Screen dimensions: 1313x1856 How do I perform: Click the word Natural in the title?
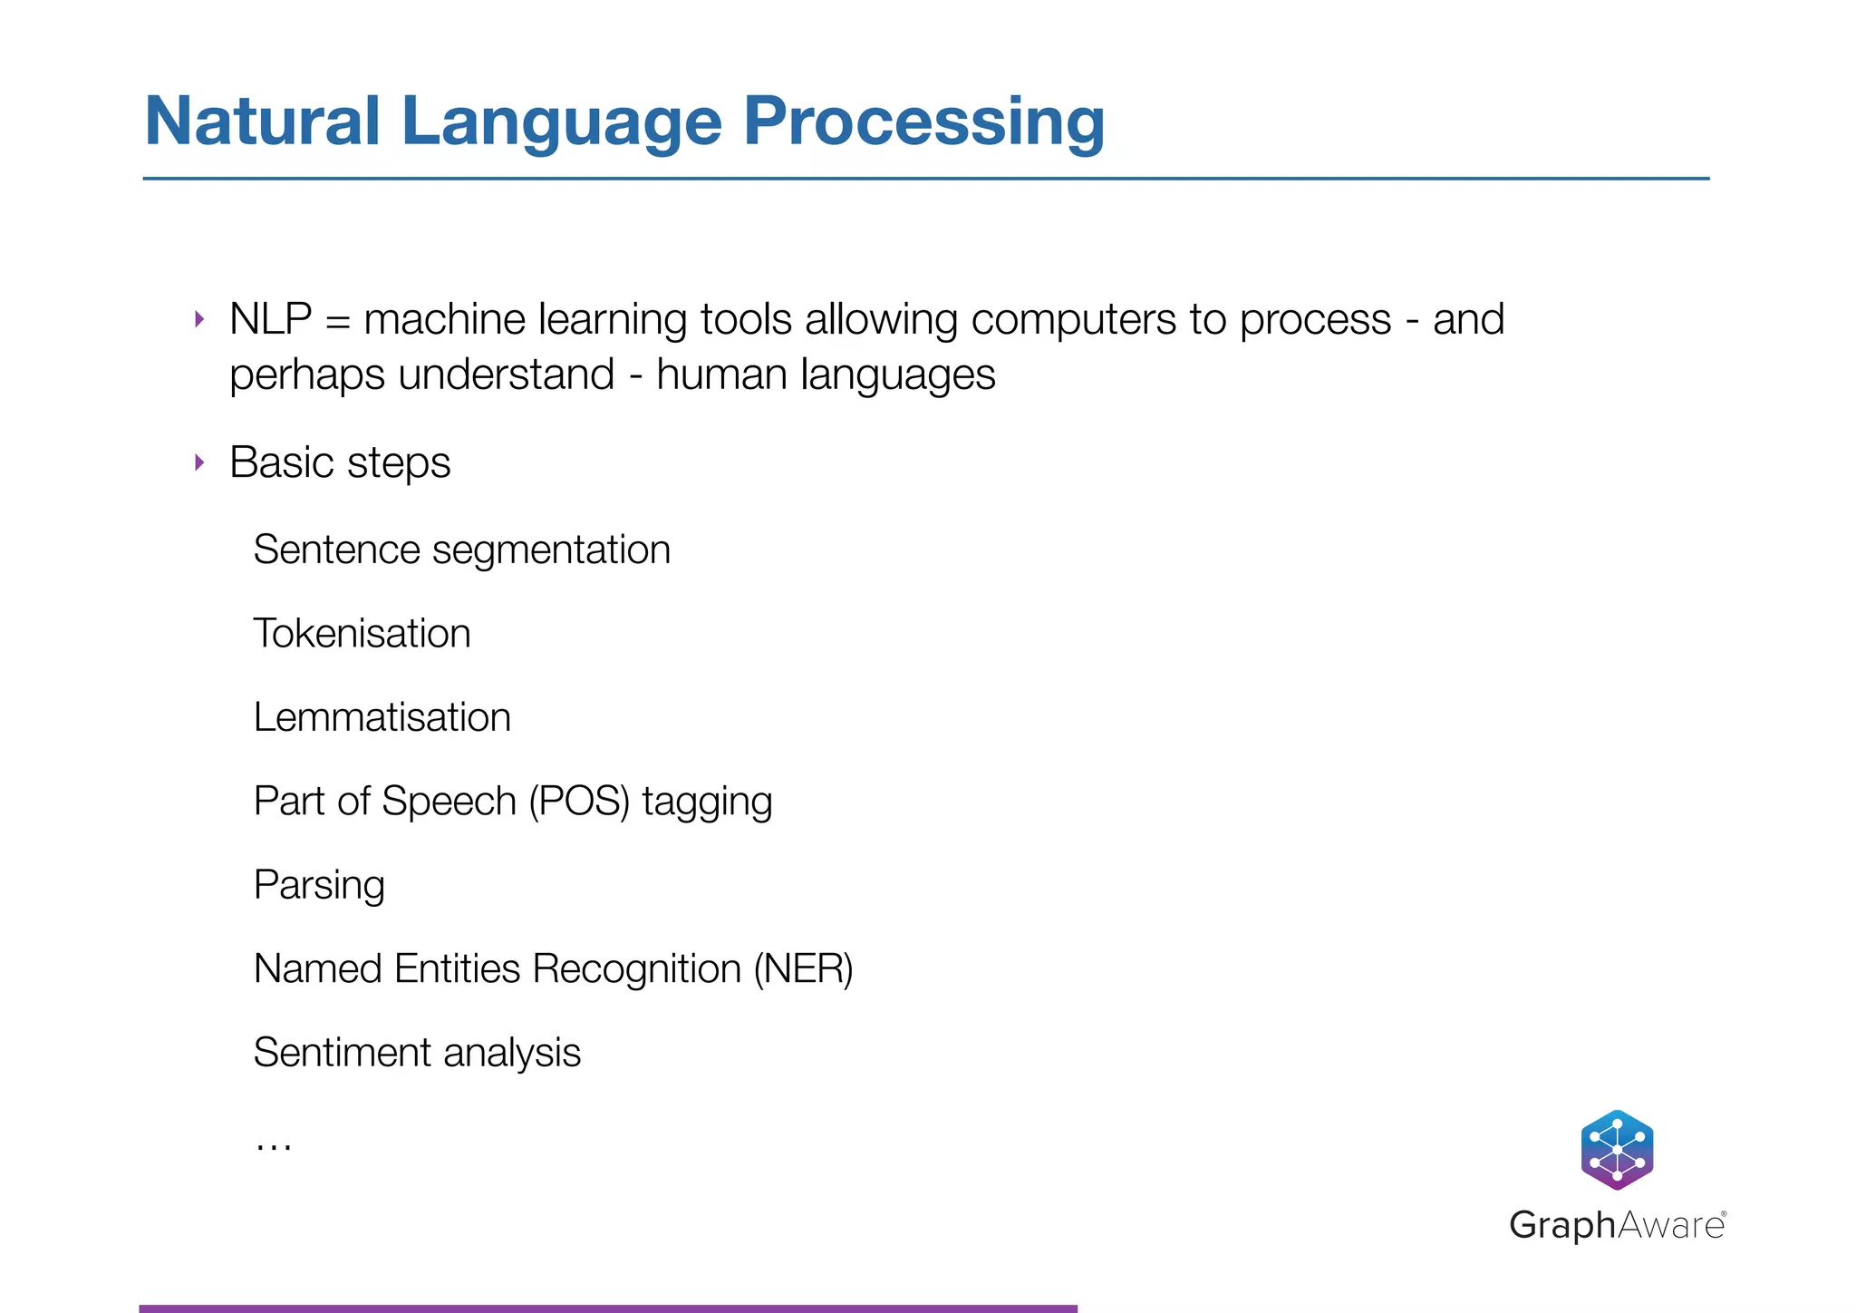[x=262, y=122]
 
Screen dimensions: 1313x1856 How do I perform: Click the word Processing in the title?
[x=923, y=123]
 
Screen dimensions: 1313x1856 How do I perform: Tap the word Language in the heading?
[x=561, y=123]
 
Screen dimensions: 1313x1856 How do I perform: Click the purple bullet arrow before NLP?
[x=199, y=319]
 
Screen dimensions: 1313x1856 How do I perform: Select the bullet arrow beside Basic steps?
[x=199, y=463]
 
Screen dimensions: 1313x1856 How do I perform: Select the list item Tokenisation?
[x=362, y=633]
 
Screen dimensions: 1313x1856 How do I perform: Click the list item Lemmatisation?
[x=382, y=717]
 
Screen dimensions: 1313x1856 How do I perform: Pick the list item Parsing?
[x=319, y=885]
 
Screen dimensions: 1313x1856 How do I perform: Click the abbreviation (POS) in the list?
[x=578, y=802]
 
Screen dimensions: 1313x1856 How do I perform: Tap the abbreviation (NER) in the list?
[x=803, y=969]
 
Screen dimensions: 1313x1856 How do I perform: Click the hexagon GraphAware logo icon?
[x=1617, y=1150]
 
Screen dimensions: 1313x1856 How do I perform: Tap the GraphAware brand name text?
[x=1617, y=1225]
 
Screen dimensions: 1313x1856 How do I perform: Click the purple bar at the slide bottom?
[x=607, y=1308]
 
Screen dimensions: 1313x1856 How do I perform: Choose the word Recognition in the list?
[x=636, y=969]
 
